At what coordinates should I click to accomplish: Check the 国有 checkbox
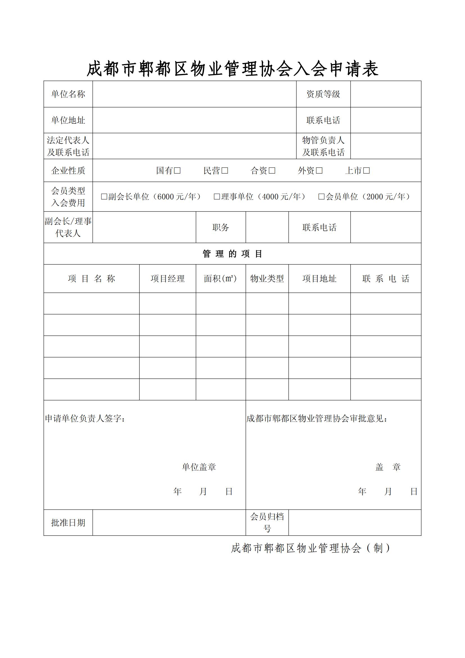(x=177, y=170)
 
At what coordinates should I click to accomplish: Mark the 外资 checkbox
(x=319, y=170)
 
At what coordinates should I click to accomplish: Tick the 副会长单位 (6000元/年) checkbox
(x=104, y=197)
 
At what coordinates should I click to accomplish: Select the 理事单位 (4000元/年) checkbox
(x=217, y=197)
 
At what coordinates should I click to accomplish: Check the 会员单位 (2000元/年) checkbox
(x=322, y=197)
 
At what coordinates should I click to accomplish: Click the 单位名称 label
(x=68, y=94)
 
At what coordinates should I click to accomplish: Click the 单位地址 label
(x=68, y=120)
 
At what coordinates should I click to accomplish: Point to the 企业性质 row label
(x=68, y=170)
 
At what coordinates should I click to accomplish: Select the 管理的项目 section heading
(x=232, y=254)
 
